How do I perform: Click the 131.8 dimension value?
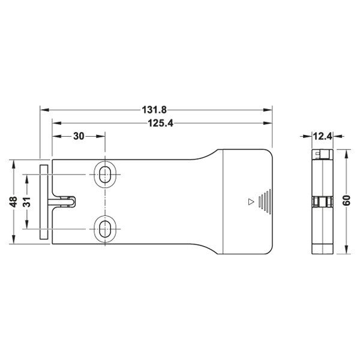pos(154,110)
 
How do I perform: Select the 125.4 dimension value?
pos(160,123)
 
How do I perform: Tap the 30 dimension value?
pos(79,136)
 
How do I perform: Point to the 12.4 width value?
pos(322,136)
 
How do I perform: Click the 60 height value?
pos(346,200)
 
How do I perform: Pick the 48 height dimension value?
pos(14,202)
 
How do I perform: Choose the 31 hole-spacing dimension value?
pos(27,202)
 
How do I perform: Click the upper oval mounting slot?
pos(105,175)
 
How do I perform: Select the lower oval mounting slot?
pos(105,229)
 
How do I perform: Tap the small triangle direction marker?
pos(251,202)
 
